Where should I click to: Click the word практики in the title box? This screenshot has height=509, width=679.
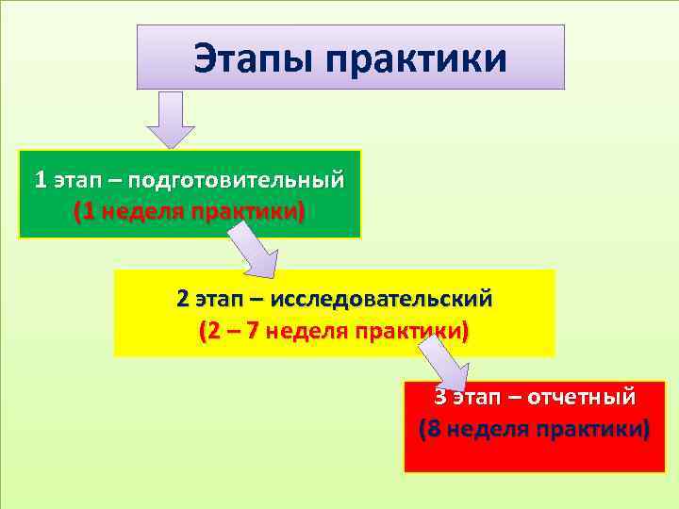click(418, 61)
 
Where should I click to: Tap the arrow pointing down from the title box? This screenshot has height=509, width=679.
click(170, 119)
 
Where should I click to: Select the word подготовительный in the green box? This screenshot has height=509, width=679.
click(236, 179)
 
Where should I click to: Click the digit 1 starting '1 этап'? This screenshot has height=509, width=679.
click(40, 179)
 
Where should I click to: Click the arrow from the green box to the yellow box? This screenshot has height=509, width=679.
click(254, 251)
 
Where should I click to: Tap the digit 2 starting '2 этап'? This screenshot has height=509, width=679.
click(182, 300)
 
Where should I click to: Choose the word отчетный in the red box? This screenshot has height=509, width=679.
click(581, 396)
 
